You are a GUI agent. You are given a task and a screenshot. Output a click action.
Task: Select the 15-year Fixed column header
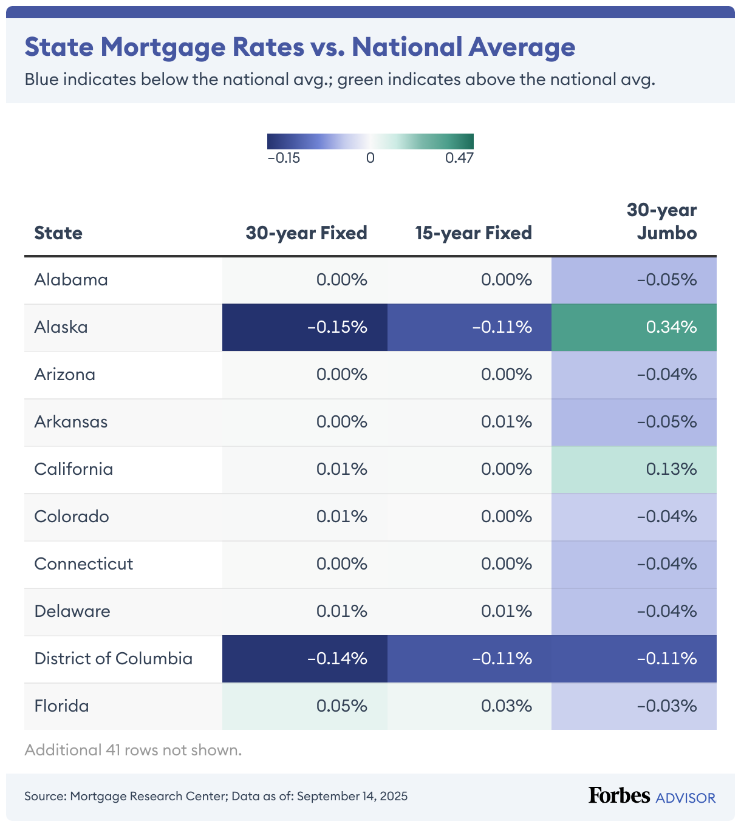(473, 233)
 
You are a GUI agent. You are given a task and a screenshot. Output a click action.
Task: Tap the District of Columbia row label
(113, 659)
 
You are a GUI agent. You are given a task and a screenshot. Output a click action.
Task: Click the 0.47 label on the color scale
(459, 158)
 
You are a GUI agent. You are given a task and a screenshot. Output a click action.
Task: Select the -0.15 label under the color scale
(284, 158)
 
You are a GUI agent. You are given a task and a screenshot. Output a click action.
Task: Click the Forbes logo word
(619, 795)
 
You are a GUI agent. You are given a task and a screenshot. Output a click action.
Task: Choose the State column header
(58, 233)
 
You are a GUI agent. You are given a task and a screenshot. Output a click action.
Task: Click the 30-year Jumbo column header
(662, 222)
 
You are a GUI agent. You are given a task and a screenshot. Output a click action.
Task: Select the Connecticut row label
(83, 564)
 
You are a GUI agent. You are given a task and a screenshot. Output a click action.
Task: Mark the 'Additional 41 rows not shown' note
(133, 750)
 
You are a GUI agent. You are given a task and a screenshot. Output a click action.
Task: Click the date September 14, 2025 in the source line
(352, 797)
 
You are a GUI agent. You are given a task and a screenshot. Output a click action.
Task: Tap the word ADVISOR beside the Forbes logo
(685, 798)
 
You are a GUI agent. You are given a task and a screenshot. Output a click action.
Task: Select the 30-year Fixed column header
(306, 233)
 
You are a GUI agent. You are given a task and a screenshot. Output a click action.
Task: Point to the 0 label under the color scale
(370, 158)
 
